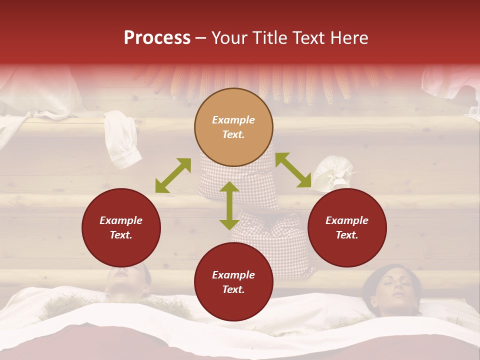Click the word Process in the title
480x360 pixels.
157,38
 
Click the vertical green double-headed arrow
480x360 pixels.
229,205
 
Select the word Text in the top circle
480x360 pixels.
233,134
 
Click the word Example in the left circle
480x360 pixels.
121,220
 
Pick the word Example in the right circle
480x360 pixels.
347,220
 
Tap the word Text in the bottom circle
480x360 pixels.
233,289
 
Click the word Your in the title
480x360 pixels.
229,38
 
